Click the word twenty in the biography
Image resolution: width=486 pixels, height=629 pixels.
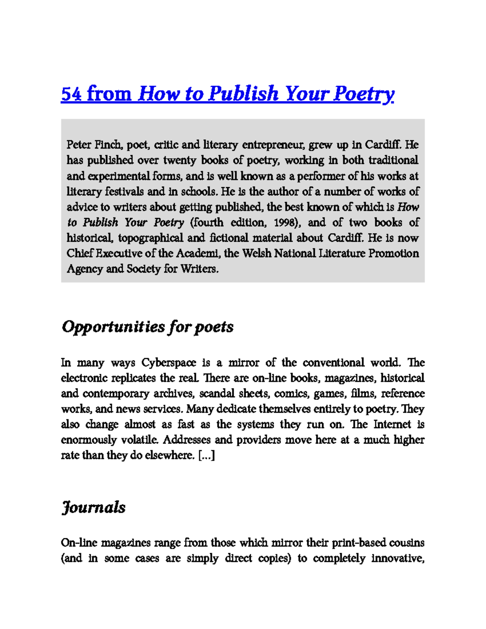point(179,160)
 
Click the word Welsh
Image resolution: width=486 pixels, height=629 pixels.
point(257,254)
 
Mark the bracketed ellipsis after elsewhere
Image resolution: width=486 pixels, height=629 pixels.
point(207,456)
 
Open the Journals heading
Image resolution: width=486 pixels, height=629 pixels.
point(94,507)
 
